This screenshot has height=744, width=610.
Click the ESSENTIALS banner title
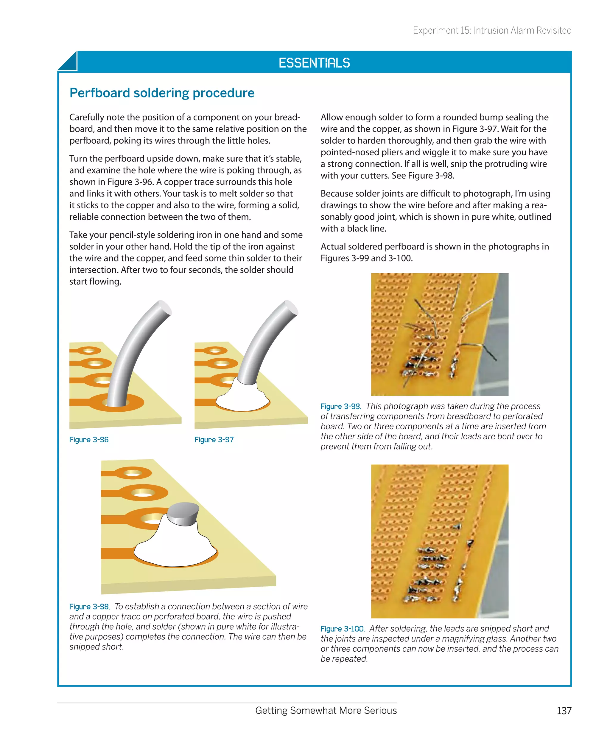click(x=314, y=63)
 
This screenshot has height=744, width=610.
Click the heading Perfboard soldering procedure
click(x=162, y=93)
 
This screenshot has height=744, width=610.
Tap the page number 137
click(x=564, y=711)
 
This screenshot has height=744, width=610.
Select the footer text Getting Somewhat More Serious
click(x=326, y=710)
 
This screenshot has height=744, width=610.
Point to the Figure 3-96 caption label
click(x=88, y=439)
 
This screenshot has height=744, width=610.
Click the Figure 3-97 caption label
click(x=214, y=439)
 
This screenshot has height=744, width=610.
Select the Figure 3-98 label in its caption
click(x=89, y=607)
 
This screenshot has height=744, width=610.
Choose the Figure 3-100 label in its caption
click(x=342, y=629)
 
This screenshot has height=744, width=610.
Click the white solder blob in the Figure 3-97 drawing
click(x=242, y=397)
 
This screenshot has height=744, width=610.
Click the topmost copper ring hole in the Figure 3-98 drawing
click(x=133, y=473)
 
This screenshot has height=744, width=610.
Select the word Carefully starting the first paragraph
click(x=86, y=117)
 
